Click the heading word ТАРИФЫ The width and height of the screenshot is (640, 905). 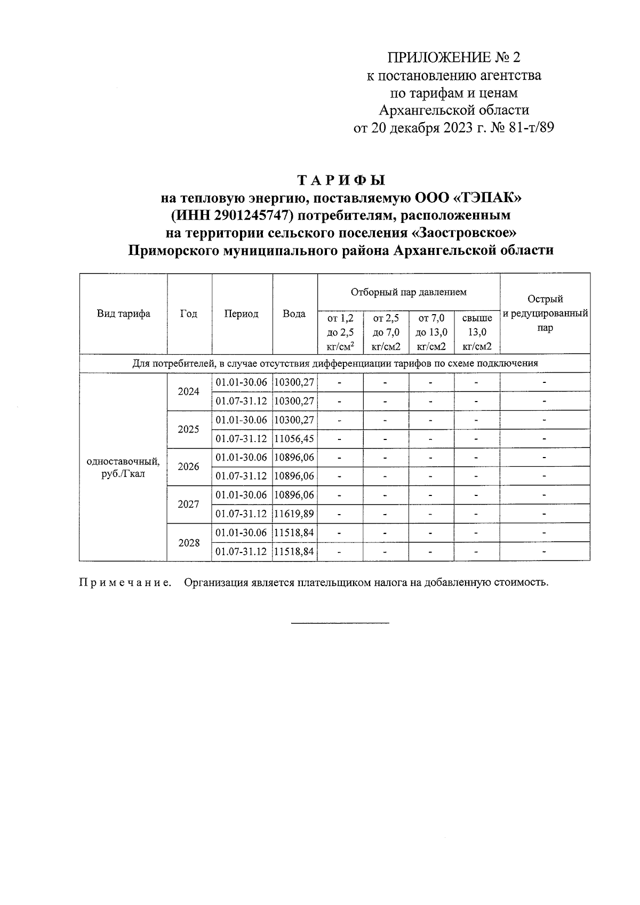[x=341, y=179]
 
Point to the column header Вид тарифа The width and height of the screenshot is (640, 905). [x=123, y=314]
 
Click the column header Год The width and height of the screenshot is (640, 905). [x=189, y=314]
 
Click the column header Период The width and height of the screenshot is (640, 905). [x=242, y=314]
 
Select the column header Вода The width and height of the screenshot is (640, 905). [x=294, y=314]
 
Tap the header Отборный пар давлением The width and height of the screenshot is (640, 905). [x=409, y=292]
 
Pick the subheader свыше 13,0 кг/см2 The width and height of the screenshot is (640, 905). [x=477, y=332]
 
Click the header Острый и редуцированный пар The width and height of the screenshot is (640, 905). [x=545, y=314]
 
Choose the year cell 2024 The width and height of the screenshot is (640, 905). [x=189, y=391]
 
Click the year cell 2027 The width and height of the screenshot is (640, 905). [x=189, y=504]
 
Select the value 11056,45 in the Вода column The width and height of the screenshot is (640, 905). [x=294, y=439]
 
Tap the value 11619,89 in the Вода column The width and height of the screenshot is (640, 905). [x=294, y=514]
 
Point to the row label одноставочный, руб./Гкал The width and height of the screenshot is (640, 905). [x=123, y=467]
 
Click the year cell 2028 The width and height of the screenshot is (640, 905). [x=189, y=542]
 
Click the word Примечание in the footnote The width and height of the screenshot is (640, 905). [x=125, y=582]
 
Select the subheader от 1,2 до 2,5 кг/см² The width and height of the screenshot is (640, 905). [x=340, y=332]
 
